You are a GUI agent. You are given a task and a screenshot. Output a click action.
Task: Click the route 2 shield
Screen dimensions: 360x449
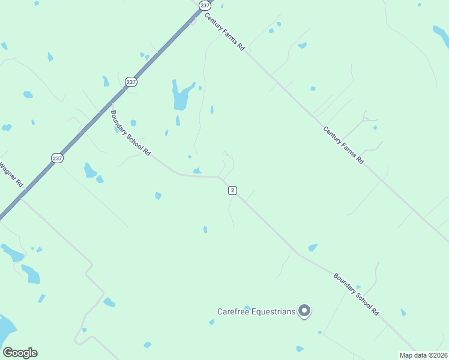tap(232, 190)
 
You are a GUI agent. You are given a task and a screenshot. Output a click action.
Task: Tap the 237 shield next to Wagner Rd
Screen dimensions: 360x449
tap(57, 158)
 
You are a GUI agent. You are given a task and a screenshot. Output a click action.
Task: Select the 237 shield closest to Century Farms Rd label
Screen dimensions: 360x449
tap(205, 5)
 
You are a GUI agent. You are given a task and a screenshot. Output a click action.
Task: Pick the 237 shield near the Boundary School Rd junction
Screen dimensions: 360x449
tap(131, 82)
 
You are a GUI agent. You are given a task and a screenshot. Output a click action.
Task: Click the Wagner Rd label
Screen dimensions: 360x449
tap(11, 173)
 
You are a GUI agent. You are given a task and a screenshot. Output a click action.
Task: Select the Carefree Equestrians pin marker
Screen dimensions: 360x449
tap(305, 310)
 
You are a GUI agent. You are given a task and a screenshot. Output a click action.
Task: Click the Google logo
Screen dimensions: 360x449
tap(20, 353)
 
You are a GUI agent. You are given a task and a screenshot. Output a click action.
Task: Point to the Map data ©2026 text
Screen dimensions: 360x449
tap(424, 355)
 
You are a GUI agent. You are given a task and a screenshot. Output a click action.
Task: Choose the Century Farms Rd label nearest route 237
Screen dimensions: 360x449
tap(225, 32)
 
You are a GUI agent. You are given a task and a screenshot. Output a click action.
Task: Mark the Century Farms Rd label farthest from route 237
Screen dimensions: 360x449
tap(343, 145)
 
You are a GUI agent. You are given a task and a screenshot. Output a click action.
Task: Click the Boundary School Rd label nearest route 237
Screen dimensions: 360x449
tap(130, 133)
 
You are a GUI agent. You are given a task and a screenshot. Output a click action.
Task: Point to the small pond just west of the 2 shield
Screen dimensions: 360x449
tap(197, 171)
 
